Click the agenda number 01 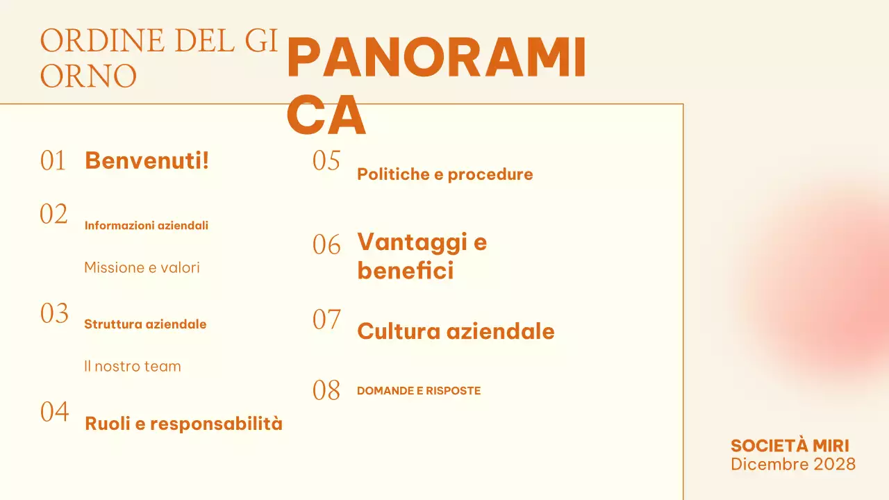click(x=53, y=161)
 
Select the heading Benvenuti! click(x=147, y=160)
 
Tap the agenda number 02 click(x=53, y=215)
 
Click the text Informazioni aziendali click(x=146, y=226)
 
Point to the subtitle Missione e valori click(x=142, y=267)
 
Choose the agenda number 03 click(x=54, y=314)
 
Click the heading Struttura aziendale click(x=145, y=324)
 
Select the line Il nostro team click(x=132, y=366)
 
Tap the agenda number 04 click(x=54, y=412)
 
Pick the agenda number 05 click(x=326, y=161)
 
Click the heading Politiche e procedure click(x=444, y=174)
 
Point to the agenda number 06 click(x=326, y=245)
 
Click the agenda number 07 click(x=326, y=320)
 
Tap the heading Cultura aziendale click(x=456, y=331)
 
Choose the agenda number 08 click(x=326, y=391)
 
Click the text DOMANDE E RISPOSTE click(x=418, y=391)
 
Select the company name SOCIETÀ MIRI click(x=790, y=446)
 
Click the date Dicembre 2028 click(x=792, y=464)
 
